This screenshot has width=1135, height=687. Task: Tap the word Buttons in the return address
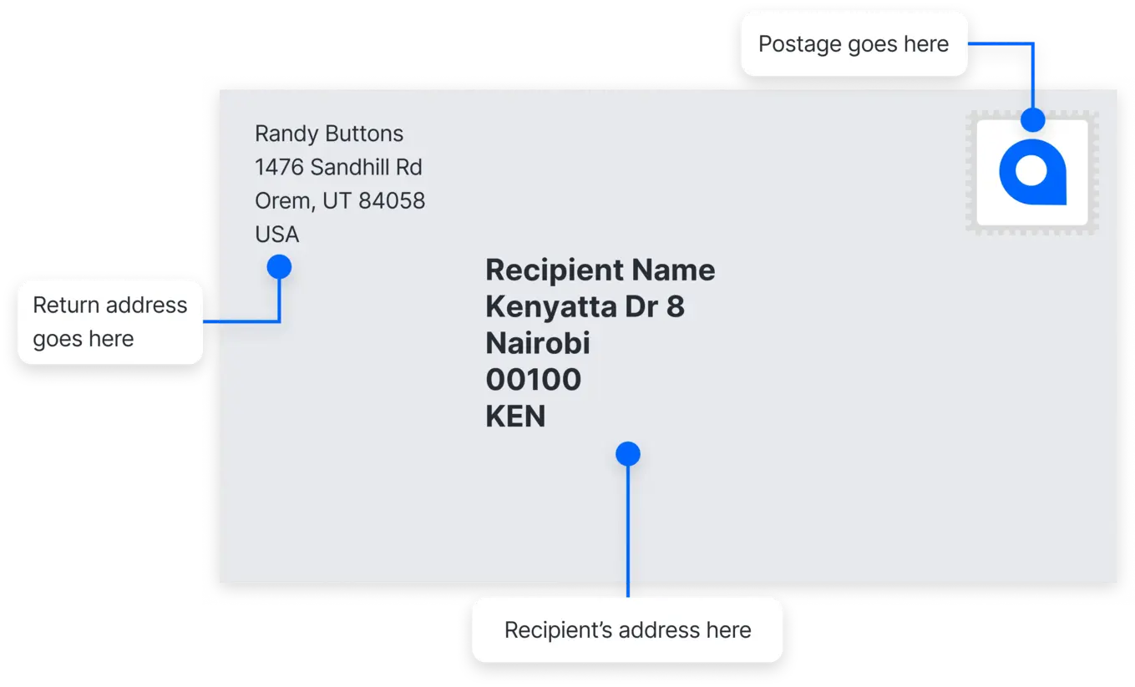[364, 134]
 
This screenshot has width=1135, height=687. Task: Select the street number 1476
[279, 167]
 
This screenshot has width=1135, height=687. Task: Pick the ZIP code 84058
[392, 201]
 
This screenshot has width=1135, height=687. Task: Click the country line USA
[276, 235]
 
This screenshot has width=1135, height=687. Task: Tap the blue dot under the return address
[279, 267]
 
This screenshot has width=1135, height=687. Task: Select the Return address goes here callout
[110, 322]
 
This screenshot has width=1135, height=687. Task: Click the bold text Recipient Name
[600, 270]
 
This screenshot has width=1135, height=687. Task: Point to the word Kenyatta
[551, 307]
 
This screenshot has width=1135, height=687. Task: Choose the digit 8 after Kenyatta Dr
[676, 307]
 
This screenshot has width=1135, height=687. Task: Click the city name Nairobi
[538, 343]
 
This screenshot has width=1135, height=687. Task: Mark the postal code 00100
[533, 380]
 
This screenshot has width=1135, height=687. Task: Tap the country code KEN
[515, 417]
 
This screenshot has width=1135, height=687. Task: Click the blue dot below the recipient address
[628, 453]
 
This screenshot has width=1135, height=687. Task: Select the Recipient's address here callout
[627, 630]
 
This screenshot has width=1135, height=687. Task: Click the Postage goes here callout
[854, 44]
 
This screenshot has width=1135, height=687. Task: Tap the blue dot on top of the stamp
[1032, 120]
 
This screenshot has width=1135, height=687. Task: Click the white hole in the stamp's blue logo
[1031, 170]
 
